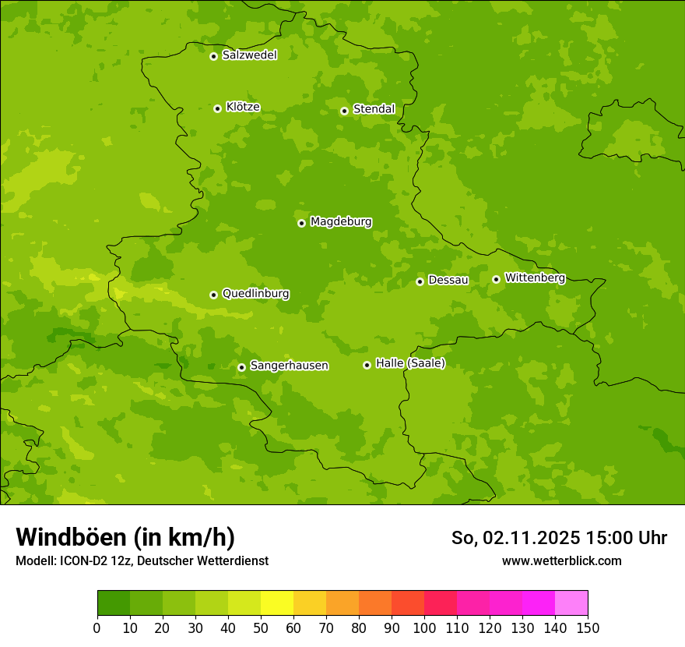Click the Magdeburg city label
click(340, 222)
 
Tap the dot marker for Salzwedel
click(213, 56)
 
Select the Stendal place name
click(374, 109)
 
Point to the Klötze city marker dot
click(217, 108)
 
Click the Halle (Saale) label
click(410, 363)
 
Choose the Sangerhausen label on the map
click(289, 366)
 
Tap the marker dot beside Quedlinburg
click(213, 295)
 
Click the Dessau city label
click(448, 280)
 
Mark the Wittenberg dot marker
click(496, 279)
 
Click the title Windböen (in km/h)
click(125, 537)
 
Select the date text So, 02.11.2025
click(516, 538)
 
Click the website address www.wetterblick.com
click(561, 560)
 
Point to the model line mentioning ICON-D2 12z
click(142, 560)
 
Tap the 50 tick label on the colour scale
click(261, 628)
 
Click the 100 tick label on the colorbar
click(424, 628)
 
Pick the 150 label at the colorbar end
click(588, 628)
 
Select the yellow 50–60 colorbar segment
click(277, 603)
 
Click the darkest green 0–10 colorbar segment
click(114, 603)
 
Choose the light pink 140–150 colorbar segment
click(571, 603)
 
